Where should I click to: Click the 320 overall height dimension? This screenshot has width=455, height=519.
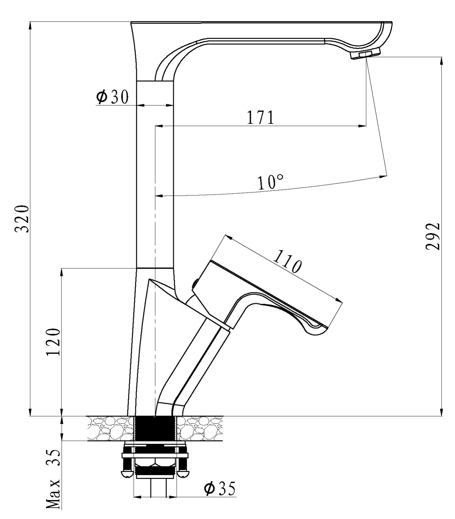23,218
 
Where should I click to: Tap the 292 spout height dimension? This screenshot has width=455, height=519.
433,236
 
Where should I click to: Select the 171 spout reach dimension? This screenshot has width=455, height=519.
260,117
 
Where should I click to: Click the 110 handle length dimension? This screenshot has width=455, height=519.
287,262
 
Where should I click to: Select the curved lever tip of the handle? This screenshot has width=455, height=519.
316,328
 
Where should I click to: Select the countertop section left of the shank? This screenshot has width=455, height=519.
111,428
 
